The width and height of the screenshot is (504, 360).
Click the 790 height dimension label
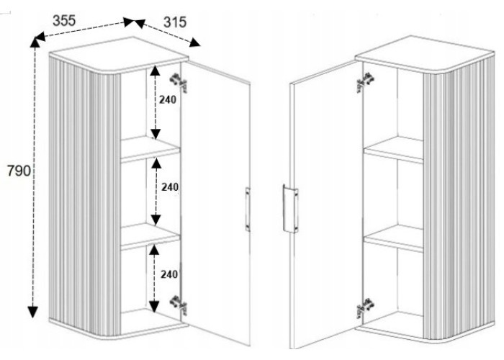pos(16,171)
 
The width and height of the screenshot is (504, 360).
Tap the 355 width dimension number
pos(64,20)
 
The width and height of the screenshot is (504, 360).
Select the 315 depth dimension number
pos(175,22)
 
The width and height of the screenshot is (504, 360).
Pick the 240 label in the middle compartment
pos(170,187)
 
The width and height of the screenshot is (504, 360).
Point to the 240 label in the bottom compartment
pos(169,274)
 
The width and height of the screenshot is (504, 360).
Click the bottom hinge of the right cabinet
pos(364,308)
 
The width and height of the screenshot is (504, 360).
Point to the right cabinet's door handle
pos(289,209)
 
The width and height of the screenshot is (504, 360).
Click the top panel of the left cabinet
pos(119,53)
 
